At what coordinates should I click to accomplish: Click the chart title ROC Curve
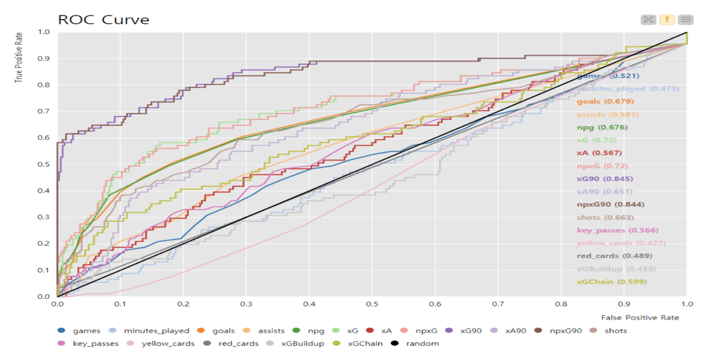[x=104, y=20]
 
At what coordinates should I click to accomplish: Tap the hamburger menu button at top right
[x=685, y=20]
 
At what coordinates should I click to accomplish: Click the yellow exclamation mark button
[x=667, y=20]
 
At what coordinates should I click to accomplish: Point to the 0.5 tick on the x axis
[x=372, y=304]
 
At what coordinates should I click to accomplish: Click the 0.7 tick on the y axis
[x=43, y=112]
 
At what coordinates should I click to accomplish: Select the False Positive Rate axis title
[x=639, y=318]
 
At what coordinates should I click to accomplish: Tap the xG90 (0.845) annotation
[x=604, y=179]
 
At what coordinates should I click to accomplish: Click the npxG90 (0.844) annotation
[x=610, y=204]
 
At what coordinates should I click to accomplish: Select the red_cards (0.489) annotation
[x=614, y=256]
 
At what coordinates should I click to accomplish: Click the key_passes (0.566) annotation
[x=617, y=230]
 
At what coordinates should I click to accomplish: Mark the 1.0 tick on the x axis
[x=686, y=304]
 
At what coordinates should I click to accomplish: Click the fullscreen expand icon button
[x=648, y=20]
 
